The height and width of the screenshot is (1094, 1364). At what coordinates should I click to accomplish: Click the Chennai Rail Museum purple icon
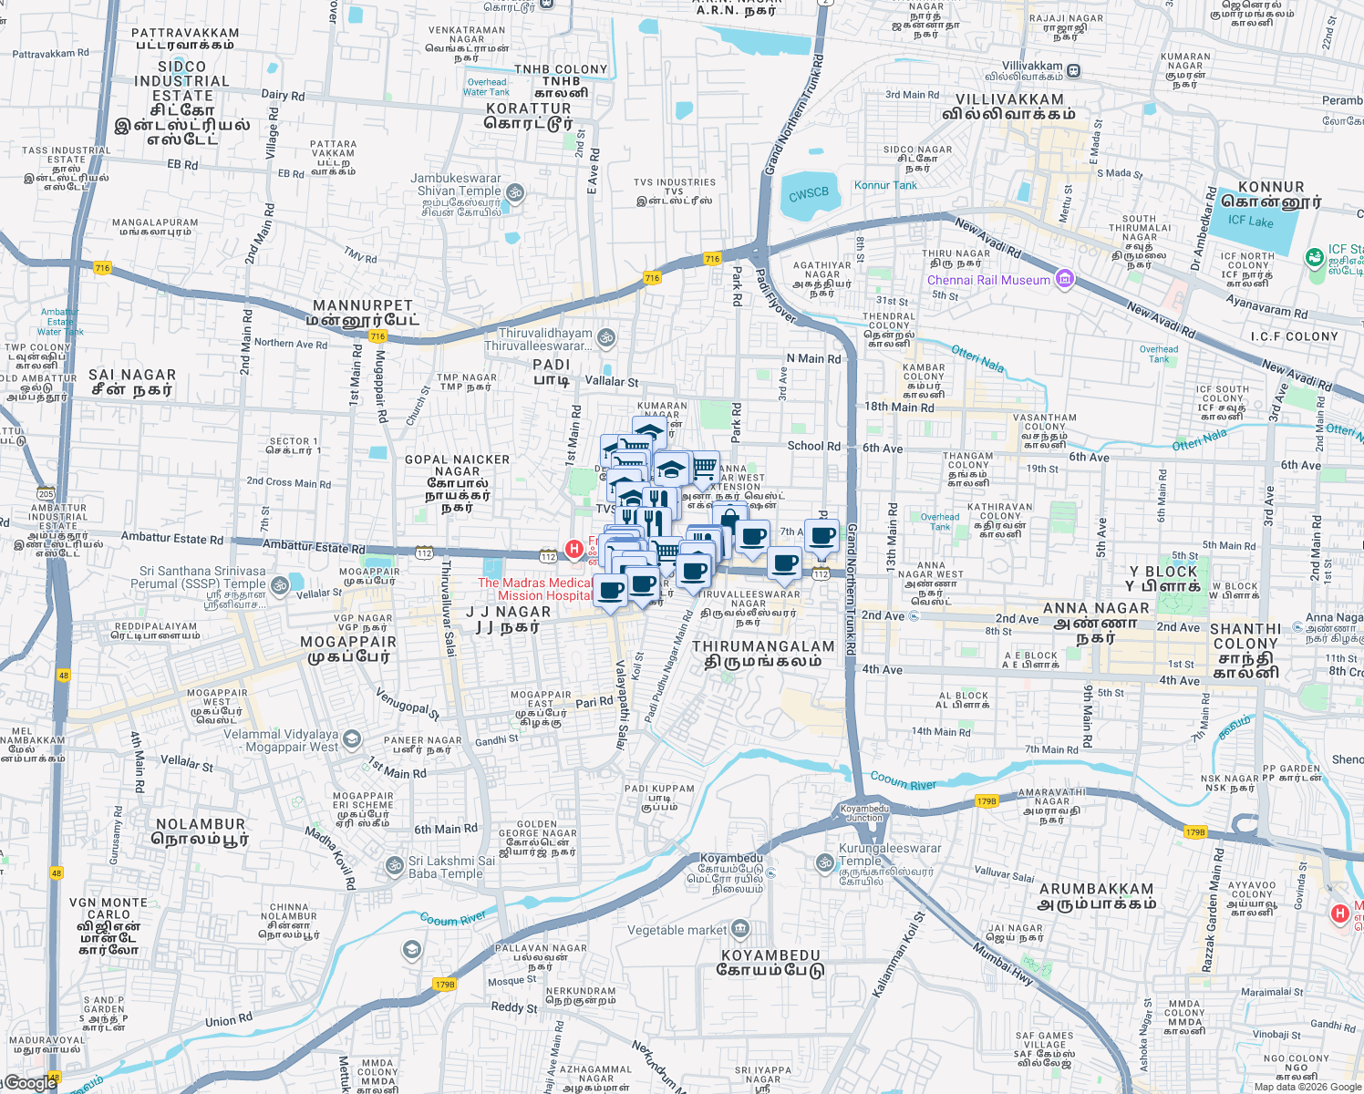pyautogui.click(x=1064, y=279)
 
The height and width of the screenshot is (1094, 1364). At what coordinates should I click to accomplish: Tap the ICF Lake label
pyautogui.click(x=1250, y=221)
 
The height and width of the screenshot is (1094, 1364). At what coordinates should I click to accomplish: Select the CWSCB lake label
pyautogui.click(x=809, y=193)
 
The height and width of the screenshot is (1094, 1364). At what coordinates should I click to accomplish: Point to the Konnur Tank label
pyautogui.click(x=884, y=185)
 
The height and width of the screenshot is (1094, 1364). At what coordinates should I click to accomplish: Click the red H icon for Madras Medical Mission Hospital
pyautogui.click(x=573, y=549)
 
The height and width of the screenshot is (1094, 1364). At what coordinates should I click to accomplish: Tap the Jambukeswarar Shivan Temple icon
pyautogui.click(x=515, y=191)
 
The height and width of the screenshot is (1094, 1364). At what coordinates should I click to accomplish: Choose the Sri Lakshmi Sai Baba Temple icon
pyautogui.click(x=395, y=865)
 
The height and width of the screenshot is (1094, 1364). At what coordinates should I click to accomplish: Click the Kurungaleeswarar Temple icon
pyautogui.click(x=824, y=862)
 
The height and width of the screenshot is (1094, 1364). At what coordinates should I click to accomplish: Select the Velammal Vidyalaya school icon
pyautogui.click(x=352, y=739)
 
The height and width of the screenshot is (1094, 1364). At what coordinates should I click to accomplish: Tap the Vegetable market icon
pyautogui.click(x=740, y=930)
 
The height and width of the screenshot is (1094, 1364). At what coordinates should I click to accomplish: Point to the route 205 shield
pyautogui.click(x=46, y=494)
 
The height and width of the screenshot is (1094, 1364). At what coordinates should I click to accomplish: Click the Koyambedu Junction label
pyautogui.click(x=864, y=813)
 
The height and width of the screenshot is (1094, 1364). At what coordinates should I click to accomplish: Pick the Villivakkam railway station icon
pyautogui.click(x=1074, y=70)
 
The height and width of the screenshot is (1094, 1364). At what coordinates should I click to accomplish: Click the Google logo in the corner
pyautogui.click(x=31, y=1083)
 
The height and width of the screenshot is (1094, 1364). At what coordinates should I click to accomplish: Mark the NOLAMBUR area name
pyautogui.click(x=201, y=824)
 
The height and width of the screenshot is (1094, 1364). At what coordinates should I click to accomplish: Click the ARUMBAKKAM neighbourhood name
pyautogui.click(x=1097, y=889)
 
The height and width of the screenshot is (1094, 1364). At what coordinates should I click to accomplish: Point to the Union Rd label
pyautogui.click(x=228, y=1020)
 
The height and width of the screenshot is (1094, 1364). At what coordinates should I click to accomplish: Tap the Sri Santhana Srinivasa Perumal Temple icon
pyautogui.click(x=281, y=585)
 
